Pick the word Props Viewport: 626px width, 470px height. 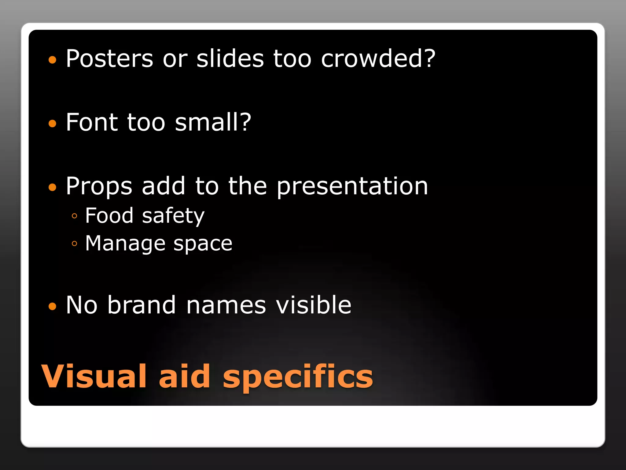pos(99,187)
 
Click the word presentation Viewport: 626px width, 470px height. pos(352,187)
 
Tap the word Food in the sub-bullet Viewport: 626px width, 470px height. pos(109,215)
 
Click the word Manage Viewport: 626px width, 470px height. pos(125,244)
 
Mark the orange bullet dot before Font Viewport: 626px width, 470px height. pos(53,123)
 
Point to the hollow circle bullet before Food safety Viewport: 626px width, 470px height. pos(74,216)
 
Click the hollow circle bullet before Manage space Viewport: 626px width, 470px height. pos(74,244)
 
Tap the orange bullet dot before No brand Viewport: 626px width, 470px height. pos(53,306)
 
